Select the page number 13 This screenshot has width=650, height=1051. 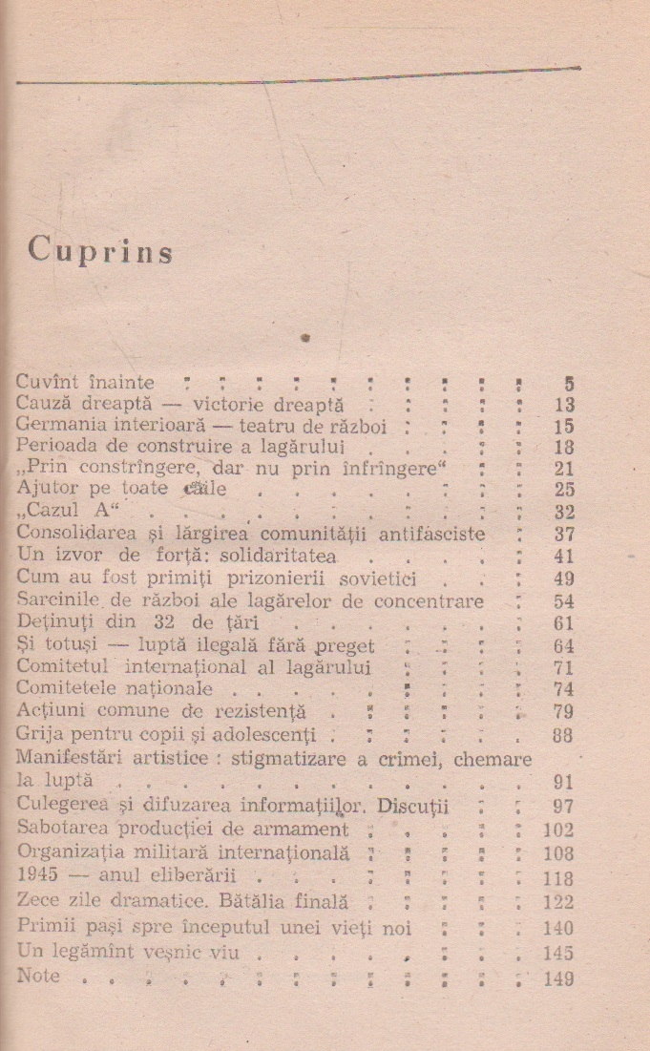pos(564,406)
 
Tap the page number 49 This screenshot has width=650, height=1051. pos(563,579)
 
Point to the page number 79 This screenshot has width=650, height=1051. pos(563,712)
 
